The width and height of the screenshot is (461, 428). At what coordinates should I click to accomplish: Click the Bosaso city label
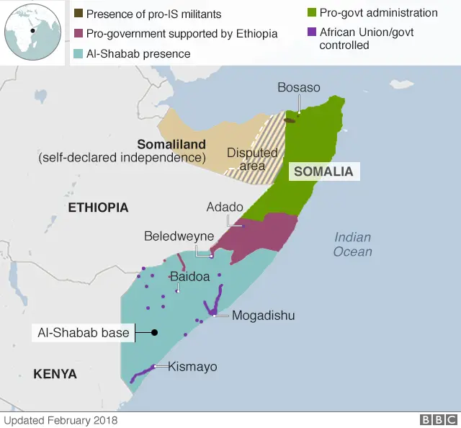(299, 88)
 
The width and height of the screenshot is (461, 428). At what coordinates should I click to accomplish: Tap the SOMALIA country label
(323, 171)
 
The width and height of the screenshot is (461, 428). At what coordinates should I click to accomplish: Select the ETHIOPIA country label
(98, 208)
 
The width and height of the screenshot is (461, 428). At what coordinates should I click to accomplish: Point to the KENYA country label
(55, 373)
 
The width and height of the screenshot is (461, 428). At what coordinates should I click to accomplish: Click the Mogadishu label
(263, 316)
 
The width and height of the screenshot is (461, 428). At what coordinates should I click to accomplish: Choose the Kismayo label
(192, 367)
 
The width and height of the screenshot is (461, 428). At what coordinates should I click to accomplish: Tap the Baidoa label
(189, 276)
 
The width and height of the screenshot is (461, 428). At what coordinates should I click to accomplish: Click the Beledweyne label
(179, 236)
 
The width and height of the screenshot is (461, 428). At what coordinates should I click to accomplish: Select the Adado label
(225, 207)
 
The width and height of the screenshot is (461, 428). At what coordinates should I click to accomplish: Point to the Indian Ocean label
(352, 244)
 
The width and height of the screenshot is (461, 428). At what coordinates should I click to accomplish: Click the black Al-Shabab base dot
(154, 332)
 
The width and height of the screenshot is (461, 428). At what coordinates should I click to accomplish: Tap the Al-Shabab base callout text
(84, 333)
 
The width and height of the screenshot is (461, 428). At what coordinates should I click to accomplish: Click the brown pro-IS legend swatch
(79, 14)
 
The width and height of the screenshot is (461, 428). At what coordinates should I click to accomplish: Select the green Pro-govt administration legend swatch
(312, 13)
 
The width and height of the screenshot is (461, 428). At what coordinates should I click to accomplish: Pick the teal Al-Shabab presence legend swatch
(79, 54)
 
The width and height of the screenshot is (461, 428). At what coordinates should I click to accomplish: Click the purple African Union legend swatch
(312, 32)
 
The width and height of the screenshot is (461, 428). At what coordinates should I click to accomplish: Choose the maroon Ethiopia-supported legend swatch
(79, 34)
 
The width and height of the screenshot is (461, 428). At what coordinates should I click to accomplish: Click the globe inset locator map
(32, 31)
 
